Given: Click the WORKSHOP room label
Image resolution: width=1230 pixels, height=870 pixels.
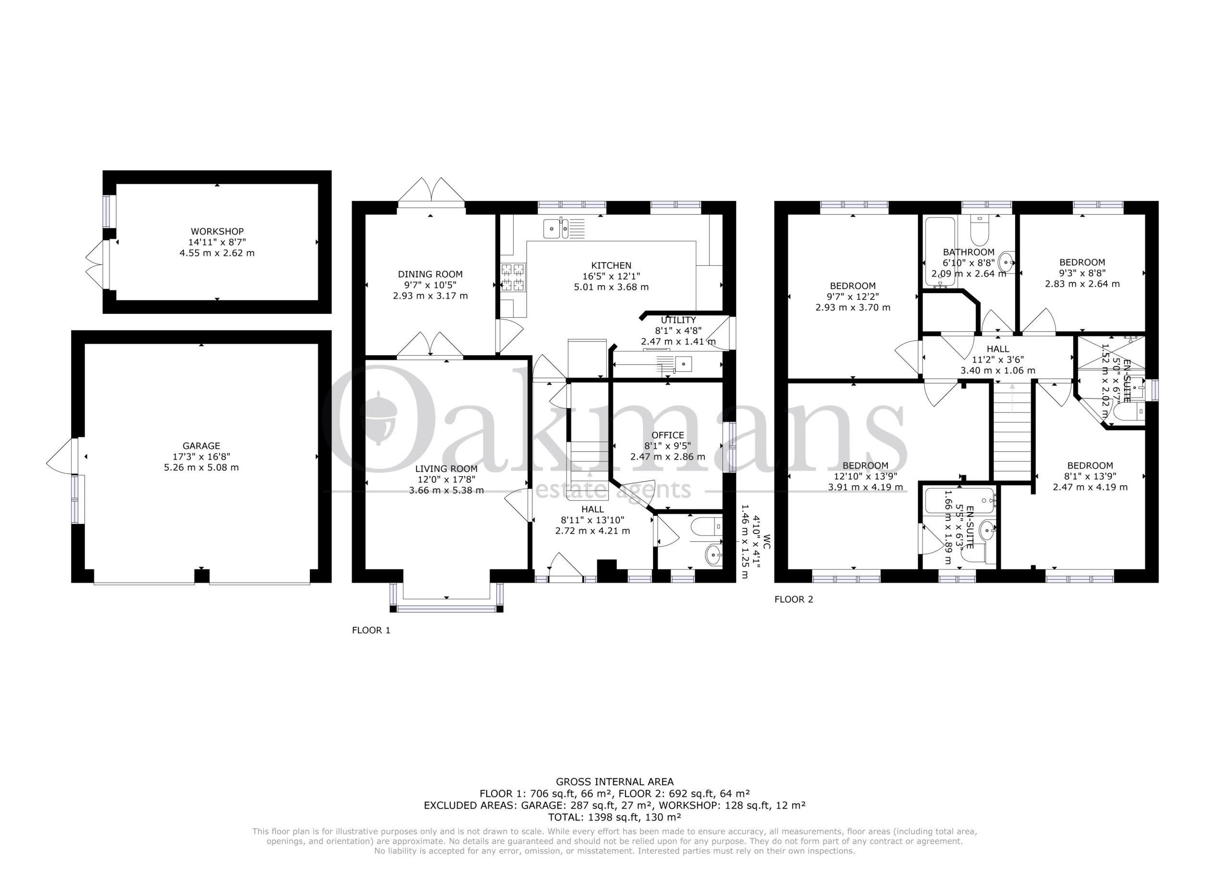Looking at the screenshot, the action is point(217,232).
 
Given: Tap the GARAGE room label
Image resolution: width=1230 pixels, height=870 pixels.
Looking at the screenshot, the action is point(201,446).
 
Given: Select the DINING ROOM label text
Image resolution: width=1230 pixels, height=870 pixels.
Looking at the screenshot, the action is point(430,274).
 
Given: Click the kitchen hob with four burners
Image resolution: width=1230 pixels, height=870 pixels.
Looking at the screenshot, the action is point(513,277).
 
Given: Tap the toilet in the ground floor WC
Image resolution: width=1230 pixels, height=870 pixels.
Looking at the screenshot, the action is point(707,527).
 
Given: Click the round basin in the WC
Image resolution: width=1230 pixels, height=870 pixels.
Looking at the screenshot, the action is point(714,555).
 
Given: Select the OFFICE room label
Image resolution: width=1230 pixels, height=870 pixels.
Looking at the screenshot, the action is point(667,435).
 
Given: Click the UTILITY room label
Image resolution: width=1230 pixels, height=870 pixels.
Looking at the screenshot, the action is point(678,320).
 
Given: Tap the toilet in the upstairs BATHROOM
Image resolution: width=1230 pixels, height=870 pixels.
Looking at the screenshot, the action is point(980,228).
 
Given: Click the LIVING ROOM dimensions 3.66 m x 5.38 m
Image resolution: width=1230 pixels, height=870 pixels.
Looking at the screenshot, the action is point(446,490).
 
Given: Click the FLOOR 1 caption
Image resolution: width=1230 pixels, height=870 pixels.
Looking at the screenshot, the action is point(371,630).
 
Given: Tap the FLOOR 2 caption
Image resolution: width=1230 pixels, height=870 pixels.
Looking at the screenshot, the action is point(794,599).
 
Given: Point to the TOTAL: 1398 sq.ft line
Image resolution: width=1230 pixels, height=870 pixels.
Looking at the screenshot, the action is point(615,832).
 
